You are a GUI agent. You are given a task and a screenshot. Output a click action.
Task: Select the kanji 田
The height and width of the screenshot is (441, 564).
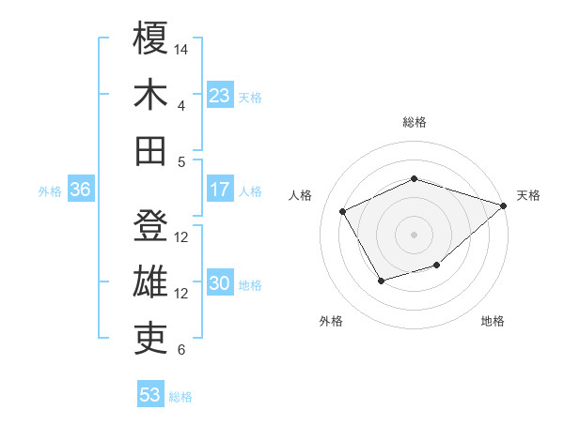[150, 150]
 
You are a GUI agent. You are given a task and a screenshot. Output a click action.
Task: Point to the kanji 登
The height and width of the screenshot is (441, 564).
[150, 226]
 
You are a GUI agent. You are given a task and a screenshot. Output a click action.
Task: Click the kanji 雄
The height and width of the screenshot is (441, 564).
[150, 282]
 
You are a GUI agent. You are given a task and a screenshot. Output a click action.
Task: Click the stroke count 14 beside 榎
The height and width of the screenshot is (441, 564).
[182, 48]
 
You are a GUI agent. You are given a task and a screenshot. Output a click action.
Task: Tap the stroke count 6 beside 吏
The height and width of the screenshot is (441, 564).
[180, 350]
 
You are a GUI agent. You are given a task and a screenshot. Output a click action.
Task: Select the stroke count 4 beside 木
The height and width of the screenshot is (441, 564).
[180, 105]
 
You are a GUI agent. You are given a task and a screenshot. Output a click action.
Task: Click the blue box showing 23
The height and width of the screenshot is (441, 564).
[219, 95]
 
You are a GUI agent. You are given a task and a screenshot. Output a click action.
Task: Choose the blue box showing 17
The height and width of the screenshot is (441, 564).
[219, 190]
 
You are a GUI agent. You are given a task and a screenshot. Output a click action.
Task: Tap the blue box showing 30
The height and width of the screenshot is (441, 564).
[219, 283]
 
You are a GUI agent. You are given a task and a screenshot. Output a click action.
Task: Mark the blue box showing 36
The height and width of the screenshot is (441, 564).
[80, 190]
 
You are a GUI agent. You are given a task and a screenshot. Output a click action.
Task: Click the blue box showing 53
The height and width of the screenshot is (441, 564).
[150, 395]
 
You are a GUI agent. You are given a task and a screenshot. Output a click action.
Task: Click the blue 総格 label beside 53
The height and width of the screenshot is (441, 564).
[180, 397]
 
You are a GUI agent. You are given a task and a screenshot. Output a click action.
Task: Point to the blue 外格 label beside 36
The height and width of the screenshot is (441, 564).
[50, 191]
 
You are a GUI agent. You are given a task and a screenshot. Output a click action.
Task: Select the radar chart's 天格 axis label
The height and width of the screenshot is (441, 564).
[529, 195]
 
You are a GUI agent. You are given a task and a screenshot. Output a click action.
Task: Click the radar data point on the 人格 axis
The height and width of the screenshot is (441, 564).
[343, 212]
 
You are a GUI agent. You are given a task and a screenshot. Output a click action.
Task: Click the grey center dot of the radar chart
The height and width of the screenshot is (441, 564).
[414, 234]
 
